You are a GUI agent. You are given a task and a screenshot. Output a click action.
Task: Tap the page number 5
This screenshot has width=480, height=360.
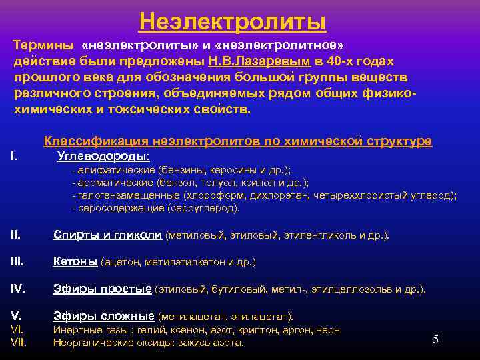pos(435,339)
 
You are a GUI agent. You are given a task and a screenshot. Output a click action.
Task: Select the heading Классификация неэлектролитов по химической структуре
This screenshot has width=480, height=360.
pos(237,141)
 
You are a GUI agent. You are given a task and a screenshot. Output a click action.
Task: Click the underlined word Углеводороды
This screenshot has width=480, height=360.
pos(103,156)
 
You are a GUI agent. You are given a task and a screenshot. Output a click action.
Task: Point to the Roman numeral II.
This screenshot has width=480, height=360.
pos(16,235)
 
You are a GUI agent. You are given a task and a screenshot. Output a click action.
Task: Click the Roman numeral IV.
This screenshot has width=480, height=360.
pos(18,289)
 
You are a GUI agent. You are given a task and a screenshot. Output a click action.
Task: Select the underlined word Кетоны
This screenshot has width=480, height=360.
pos(75,262)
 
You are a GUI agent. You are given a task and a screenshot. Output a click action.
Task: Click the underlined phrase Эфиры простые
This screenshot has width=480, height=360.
pos(103,289)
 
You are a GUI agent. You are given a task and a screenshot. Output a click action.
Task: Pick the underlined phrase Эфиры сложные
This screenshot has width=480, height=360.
pos(104,316)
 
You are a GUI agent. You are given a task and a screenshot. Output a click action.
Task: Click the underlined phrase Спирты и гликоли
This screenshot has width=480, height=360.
pos(107,235)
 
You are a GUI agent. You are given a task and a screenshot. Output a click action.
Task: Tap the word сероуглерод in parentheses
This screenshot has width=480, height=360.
pos(210,208)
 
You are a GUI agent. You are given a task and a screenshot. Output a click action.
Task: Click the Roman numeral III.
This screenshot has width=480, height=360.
pos(17,262)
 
